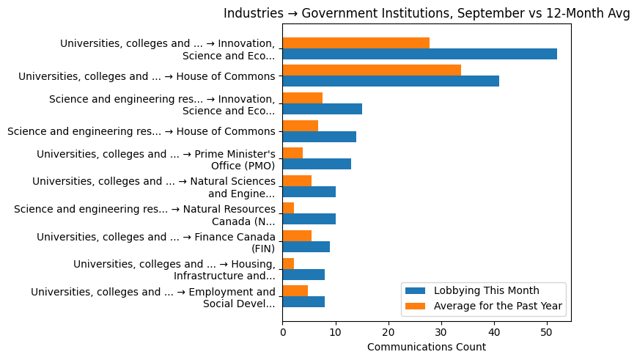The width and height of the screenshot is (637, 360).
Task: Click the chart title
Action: [427, 13]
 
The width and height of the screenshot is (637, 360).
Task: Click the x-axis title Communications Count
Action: [427, 347]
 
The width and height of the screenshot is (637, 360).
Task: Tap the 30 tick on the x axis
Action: [441, 332]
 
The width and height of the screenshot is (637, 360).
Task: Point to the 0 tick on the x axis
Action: [283, 332]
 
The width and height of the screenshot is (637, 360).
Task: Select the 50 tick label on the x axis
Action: [547, 332]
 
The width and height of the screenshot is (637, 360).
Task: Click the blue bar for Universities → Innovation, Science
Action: [420, 54]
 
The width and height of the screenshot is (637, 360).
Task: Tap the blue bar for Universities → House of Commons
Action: [391, 81]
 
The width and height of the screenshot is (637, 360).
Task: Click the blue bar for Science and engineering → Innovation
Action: [323, 109]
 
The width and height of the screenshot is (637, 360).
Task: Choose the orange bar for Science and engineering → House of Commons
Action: [301, 125]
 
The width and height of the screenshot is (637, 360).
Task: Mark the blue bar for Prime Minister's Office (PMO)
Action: [317, 164]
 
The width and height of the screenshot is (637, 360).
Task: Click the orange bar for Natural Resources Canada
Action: [289, 208]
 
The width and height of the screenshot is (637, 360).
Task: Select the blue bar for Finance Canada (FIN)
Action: [306, 247]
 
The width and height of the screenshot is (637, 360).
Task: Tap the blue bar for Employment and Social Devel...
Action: [303, 302]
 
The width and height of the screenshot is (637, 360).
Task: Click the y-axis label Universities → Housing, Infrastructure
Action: [174, 270]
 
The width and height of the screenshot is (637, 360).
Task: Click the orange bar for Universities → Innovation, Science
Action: [356, 43]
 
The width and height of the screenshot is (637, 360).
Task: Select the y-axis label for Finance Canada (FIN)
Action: [156, 242]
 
